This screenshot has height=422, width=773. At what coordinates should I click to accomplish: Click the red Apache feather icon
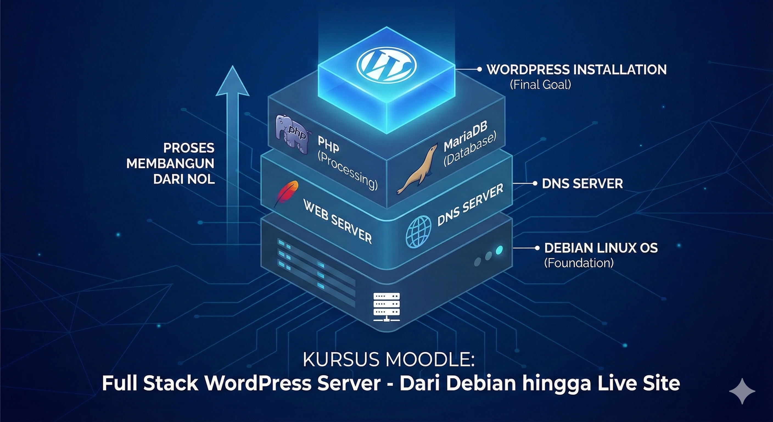pos(286,193)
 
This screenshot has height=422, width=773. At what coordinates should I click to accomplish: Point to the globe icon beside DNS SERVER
pos(418,231)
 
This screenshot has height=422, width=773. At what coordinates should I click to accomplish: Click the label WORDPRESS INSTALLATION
pos(576,70)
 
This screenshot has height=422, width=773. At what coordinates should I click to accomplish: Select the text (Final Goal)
pos(540,85)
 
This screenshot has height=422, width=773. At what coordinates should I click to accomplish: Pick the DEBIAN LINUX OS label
pos(601,248)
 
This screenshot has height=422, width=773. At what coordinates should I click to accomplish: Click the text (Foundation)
pos(579,263)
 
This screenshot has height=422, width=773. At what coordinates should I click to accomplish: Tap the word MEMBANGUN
pos(170,164)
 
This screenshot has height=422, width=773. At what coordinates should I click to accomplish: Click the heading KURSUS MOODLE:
pos(389,359)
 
